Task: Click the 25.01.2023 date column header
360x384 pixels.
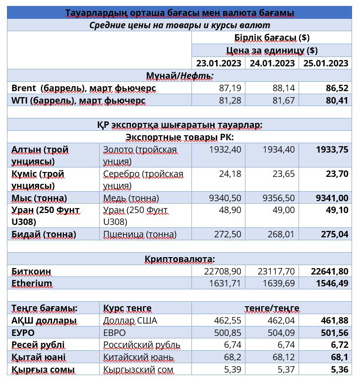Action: pyautogui.click(x=326, y=63)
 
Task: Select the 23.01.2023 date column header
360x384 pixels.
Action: pyautogui.click(x=219, y=63)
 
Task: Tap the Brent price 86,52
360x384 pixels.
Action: pyautogui.click(x=337, y=88)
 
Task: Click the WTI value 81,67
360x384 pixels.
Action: pyautogui.click(x=284, y=101)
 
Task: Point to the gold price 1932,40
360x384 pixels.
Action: pyautogui.click(x=225, y=149)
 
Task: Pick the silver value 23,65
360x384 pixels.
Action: pyautogui.click(x=284, y=174)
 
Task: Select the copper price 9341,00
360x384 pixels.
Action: pyautogui.click(x=332, y=198)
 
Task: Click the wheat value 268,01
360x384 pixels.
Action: pyautogui.click(x=281, y=234)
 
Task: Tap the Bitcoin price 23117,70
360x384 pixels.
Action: pyautogui.click(x=276, y=272)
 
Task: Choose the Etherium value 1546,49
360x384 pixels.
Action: pyautogui.click(x=332, y=283)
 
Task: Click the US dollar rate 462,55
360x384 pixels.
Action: pyautogui.click(x=228, y=320)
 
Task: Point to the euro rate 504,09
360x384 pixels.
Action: pyautogui.click(x=281, y=333)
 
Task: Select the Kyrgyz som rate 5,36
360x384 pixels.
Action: pyautogui.click(x=339, y=369)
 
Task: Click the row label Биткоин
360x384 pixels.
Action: pyautogui.click(x=31, y=272)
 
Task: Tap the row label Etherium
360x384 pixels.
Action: pyautogui.click(x=32, y=283)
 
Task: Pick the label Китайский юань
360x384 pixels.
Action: pyautogui.click(x=138, y=357)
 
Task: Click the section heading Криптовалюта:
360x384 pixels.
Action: pyautogui.click(x=180, y=259)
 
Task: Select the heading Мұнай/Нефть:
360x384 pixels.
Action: pyautogui.click(x=180, y=76)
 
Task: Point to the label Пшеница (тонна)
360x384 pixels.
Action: pyautogui.click(x=140, y=235)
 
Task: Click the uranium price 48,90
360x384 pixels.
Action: pyautogui.click(x=230, y=210)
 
